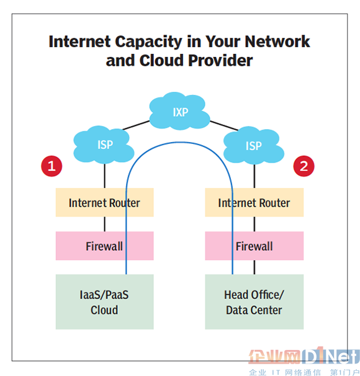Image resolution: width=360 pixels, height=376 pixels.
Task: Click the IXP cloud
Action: click(179, 111)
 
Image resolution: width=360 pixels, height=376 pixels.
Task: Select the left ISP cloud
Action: click(104, 145)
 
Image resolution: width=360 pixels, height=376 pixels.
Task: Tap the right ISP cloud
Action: click(254, 145)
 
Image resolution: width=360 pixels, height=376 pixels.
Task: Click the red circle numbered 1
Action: click(52, 166)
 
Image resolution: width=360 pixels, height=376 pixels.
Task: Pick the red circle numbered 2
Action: click(304, 166)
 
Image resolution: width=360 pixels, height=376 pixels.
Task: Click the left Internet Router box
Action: click(104, 202)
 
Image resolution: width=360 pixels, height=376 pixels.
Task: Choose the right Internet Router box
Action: click(254, 202)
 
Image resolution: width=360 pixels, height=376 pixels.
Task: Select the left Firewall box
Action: click(104, 246)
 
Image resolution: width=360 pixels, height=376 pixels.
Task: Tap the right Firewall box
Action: click(254, 246)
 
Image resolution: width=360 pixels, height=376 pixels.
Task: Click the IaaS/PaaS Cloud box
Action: click(104, 302)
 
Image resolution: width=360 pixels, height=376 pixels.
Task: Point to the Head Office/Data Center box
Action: click(254, 302)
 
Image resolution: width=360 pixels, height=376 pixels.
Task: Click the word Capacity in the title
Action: click(149, 42)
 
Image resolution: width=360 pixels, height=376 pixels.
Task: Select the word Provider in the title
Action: click(220, 60)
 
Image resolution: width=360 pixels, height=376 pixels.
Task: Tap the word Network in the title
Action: click(277, 42)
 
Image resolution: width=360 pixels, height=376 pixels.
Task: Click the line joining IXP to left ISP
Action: click(136, 125)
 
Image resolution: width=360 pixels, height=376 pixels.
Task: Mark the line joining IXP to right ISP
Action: click(224, 126)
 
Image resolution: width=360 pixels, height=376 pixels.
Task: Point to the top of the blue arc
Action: click(179, 143)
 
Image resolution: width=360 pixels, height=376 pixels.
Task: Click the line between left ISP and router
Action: click(104, 176)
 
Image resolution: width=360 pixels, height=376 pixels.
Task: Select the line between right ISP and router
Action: click(254, 176)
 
